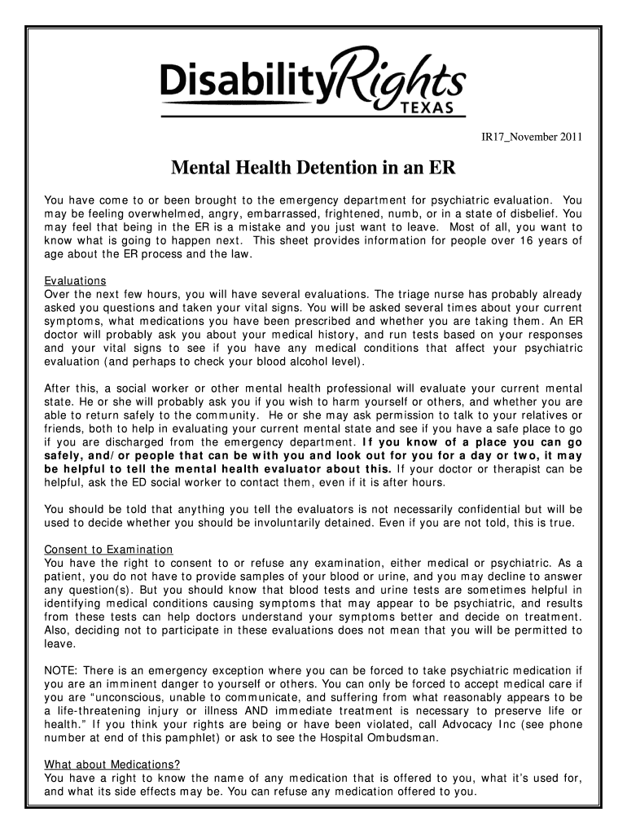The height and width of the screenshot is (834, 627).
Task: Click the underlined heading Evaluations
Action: (75, 281)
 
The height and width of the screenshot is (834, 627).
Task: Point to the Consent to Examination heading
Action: (108, 550)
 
